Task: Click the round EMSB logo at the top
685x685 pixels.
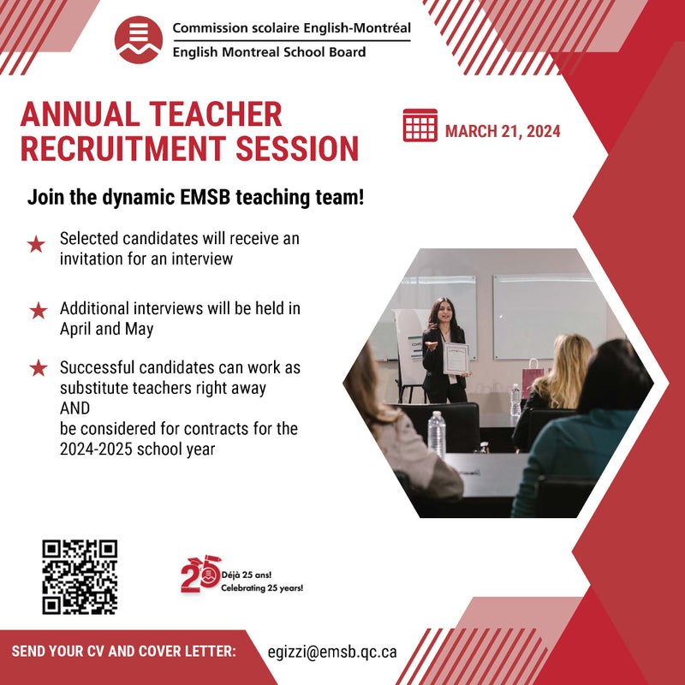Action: (139, 40)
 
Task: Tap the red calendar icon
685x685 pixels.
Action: (420, 125)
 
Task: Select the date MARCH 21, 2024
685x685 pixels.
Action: (503, 132)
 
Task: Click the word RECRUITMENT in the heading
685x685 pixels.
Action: (122, 148)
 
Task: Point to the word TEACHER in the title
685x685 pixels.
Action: (216, 115)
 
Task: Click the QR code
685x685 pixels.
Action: (80, 577)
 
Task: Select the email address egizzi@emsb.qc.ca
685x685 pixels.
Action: (332, 652)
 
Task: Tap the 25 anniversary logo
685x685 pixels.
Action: (200, 574)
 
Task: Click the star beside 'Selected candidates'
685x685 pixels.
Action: (36, 244)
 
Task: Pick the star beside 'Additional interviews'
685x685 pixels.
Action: (39, 311)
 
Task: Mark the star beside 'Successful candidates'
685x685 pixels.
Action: (39, 368)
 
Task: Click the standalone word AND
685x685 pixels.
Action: (74, 408)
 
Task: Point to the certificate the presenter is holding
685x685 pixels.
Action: (456, 359)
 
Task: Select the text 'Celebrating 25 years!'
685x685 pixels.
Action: (262, 588)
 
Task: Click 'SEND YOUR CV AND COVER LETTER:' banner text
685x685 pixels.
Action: (123, 652)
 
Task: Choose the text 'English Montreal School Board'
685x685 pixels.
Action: (269, 52)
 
